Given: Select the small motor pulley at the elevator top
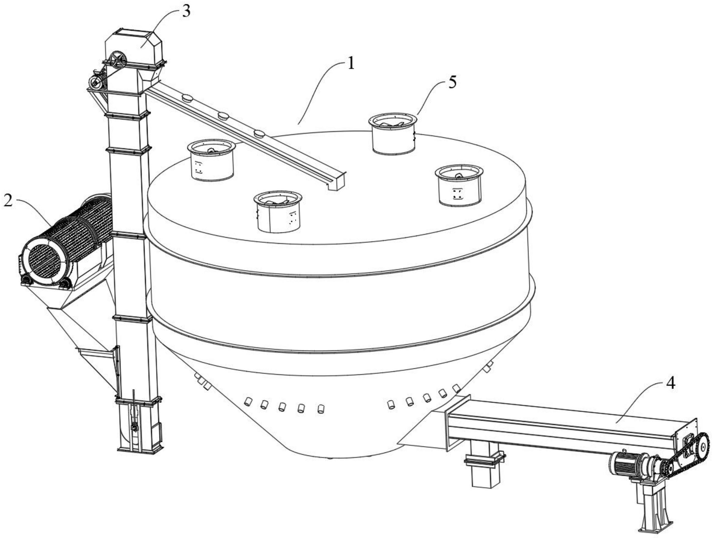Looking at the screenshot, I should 96,82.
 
